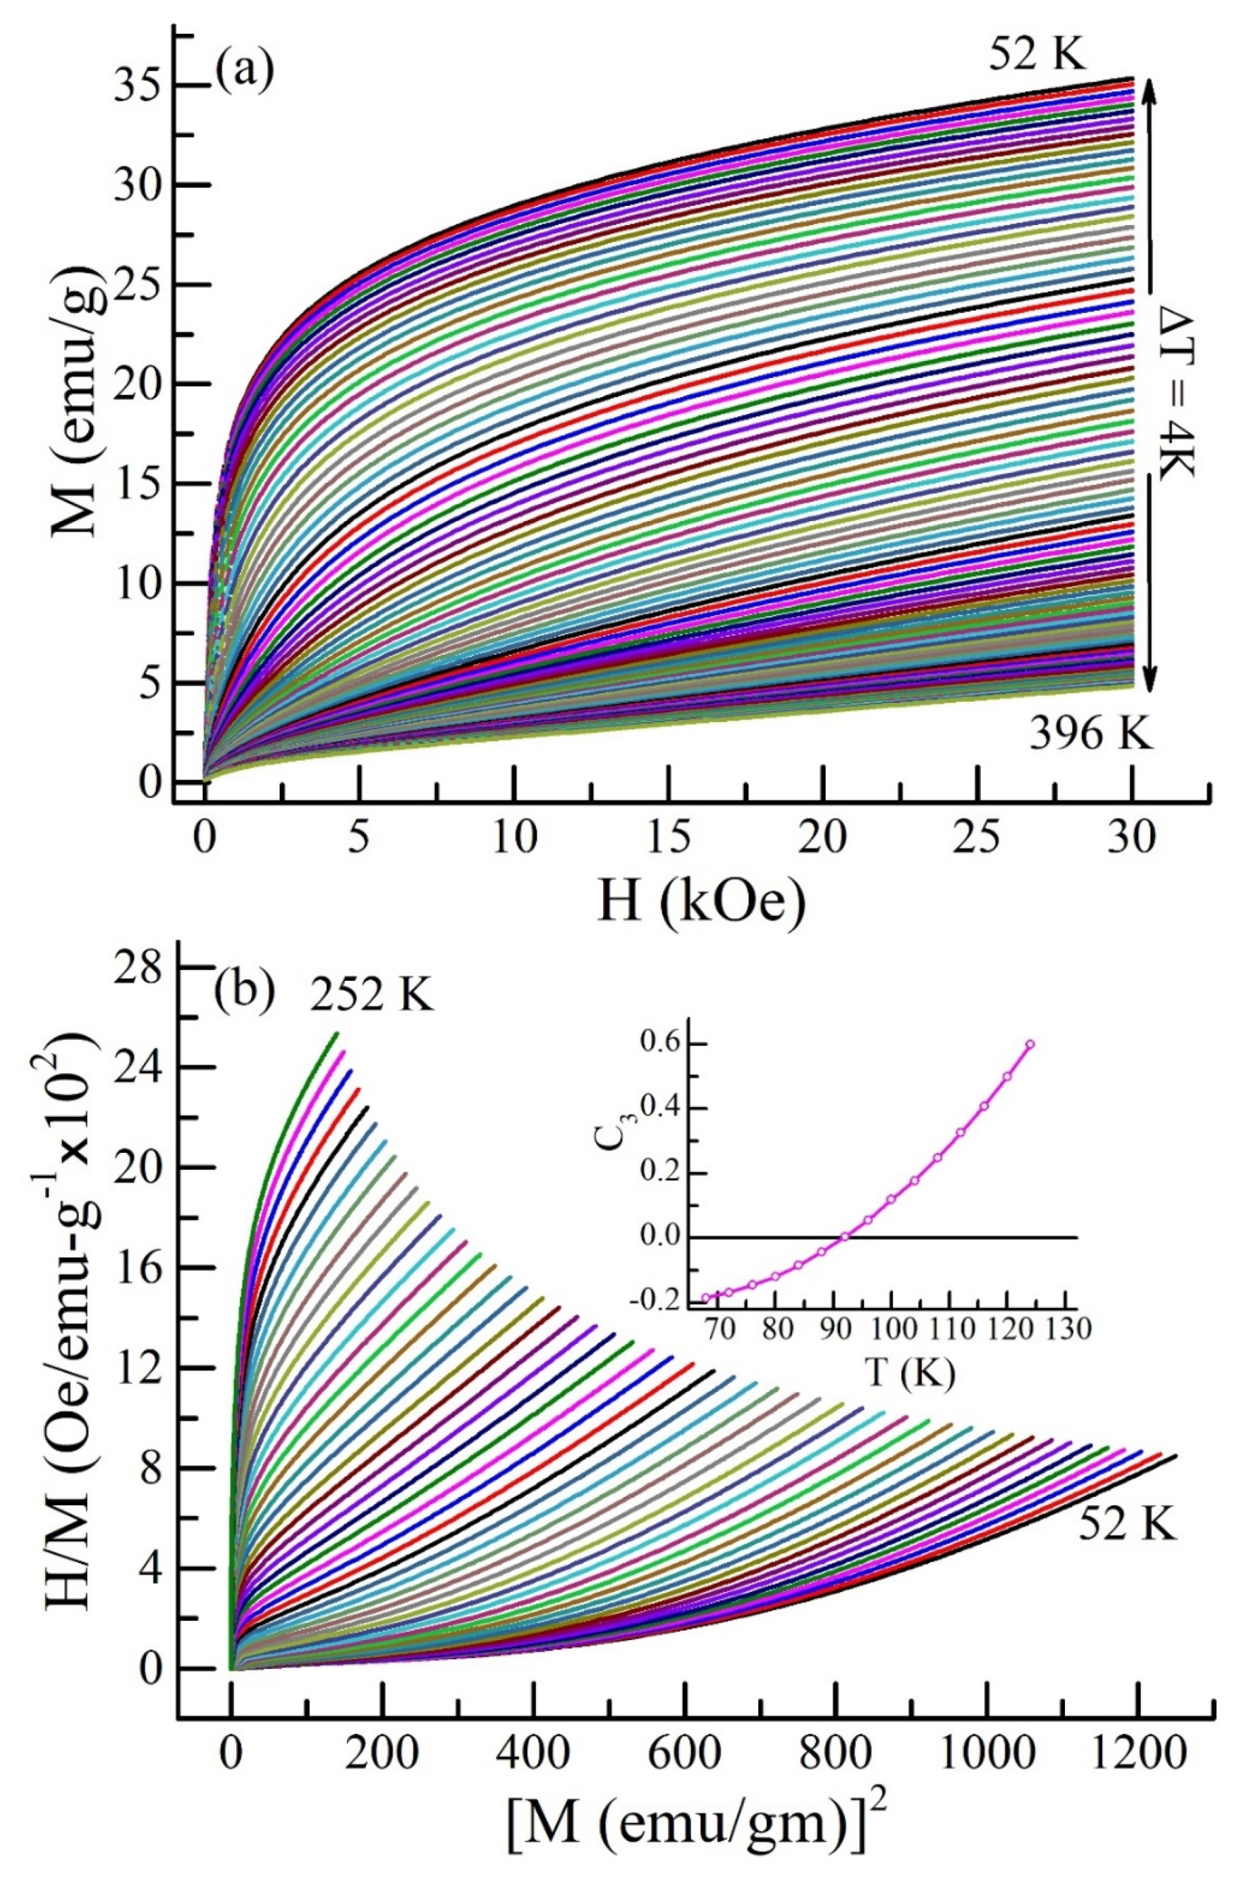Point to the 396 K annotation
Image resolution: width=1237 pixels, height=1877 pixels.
coord(1090,738)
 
